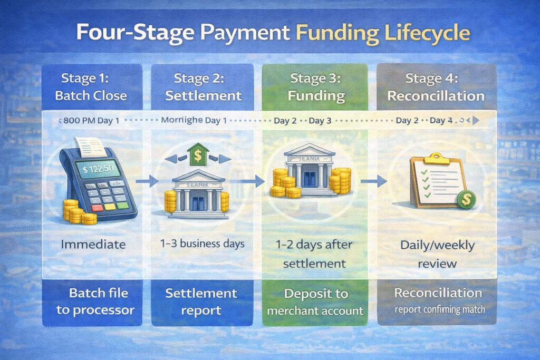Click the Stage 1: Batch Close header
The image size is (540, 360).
[x=91, y=87]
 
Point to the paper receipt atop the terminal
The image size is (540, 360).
[x=89, y=144]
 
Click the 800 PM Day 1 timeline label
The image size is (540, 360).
[x=91, y=121]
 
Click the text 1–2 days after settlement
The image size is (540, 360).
[x=314, y=254]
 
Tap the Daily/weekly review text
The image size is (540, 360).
[x=437, y=254]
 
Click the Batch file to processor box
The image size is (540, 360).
[x=92, y=301]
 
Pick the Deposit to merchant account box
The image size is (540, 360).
[x=315, y=301]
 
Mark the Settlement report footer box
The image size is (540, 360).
[x=201, y=301]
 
